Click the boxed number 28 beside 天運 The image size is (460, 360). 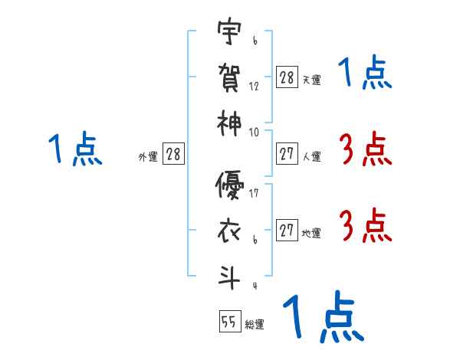coord(287,78)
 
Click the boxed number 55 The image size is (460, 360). coord(229,322)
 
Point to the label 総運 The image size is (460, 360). coord(255,325)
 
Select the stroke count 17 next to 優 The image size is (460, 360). coord(254,193)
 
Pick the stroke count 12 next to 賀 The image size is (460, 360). coord(254,86)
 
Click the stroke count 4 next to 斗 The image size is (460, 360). coord(254,286)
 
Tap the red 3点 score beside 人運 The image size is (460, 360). coord(365,150)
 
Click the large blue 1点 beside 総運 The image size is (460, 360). coord(323,319)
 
